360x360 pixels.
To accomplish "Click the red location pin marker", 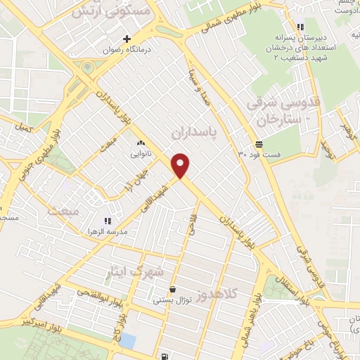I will click(x=181, y=165).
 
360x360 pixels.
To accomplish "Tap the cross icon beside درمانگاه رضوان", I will click(x=127, y=39).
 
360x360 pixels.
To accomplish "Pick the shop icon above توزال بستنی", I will click(x=172, y=289).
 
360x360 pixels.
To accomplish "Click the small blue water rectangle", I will click(x=128, y=341).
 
